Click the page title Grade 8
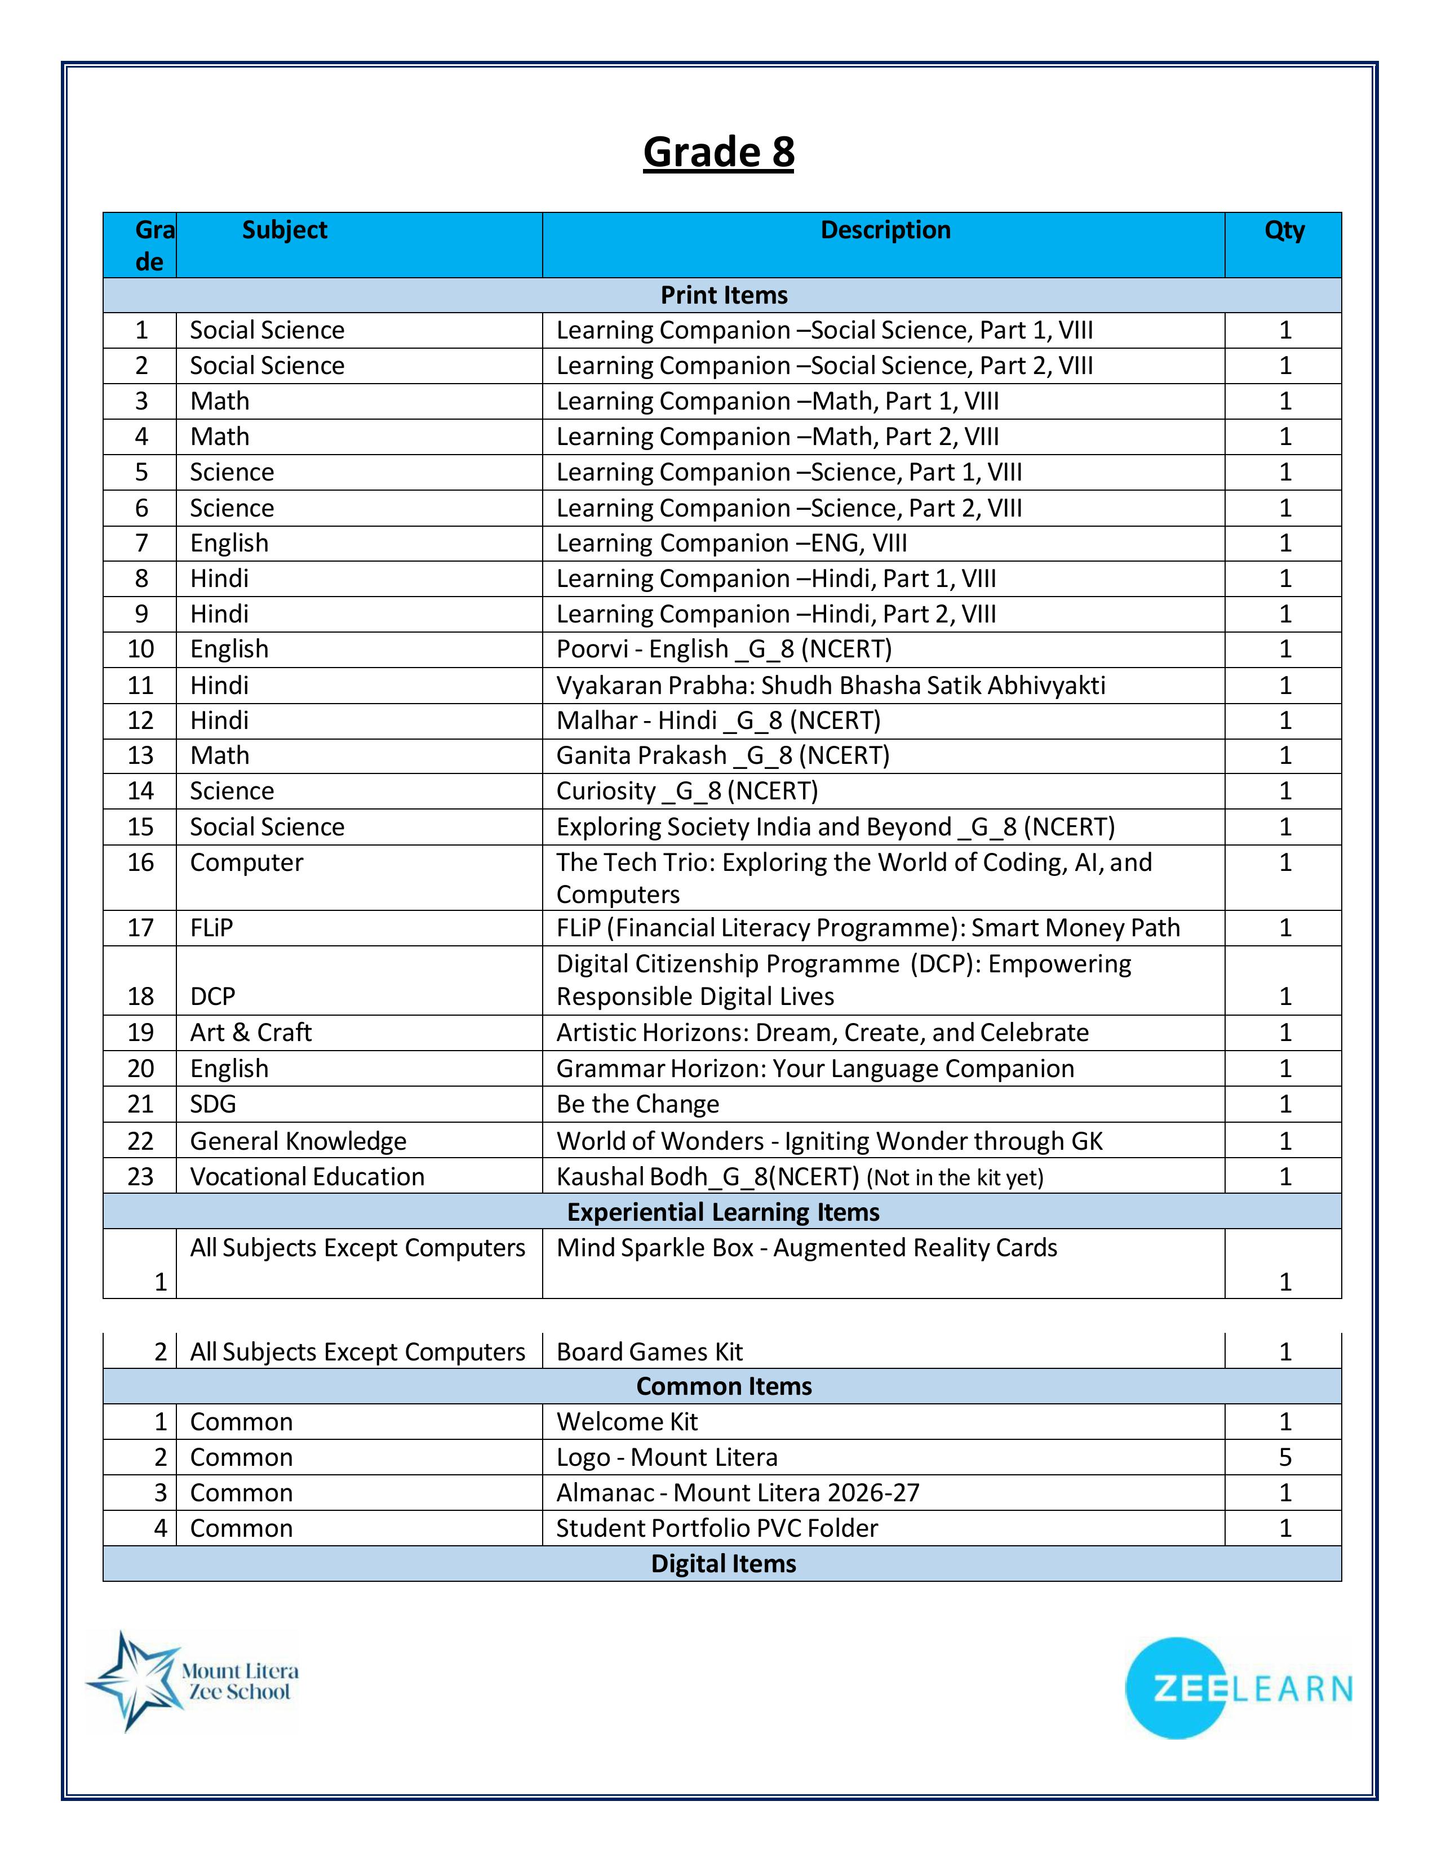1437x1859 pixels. (x=718, y=152)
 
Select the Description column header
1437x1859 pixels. (x=885, y=230)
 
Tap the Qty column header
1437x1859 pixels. (x=1284, y=230)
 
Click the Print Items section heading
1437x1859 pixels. (x=724, y=295)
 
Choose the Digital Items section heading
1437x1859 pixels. (x=723, y=1564)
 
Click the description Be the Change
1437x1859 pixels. (x=637, y=1104)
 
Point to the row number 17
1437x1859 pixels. (x=140, y=928)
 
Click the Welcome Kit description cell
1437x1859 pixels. (x=627, y=1421)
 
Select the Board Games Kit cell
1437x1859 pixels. (x=650, y=1351)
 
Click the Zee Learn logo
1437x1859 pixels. (x=1238, y=1688)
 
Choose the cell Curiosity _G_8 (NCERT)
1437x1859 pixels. (x=687, y=791)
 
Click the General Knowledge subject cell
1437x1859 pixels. (x=298, y=1141)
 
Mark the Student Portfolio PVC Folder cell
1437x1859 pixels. (x=717, y=1528)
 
